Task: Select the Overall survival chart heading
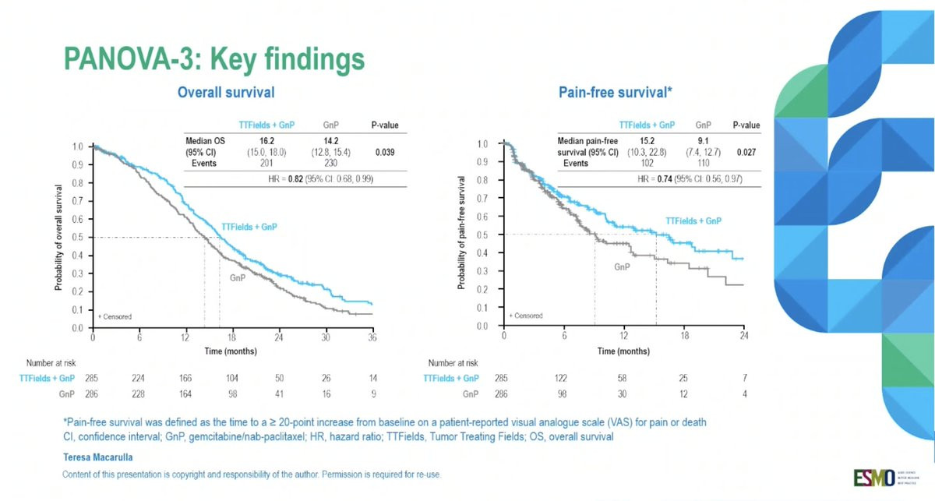tap(226, 92)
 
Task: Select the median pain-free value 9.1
tap(703, 140)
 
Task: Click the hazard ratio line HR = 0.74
tap(654, 179)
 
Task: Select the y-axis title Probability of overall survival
tap(59, 237)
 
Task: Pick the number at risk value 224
tap(139, 377)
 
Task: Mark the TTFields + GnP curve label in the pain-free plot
tap(691, 221)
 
